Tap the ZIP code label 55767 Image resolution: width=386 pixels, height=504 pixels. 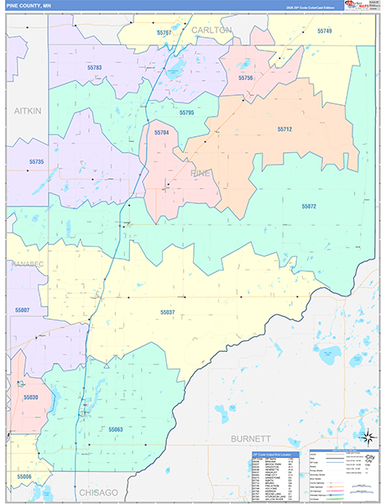pos(164,32)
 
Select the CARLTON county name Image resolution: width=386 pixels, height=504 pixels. pos(211,29)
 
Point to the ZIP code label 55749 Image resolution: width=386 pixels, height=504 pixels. pos(324,31)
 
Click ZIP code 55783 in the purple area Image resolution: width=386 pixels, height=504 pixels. pos(94,68)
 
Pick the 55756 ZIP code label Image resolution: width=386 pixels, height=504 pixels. pos(246,77)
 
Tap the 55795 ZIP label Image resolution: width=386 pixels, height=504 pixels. pos(186,112)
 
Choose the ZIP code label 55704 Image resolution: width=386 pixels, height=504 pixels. pos(161,132)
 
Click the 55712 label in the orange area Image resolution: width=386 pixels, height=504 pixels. pos(284,129)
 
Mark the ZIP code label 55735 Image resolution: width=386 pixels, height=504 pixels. pos(36,161)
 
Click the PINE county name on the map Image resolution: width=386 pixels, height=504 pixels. pos(201,172)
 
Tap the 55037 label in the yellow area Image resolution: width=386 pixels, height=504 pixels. pos(167,311)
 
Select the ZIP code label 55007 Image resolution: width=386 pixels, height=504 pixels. pos(22,310)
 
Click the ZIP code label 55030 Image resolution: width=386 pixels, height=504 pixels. pos(30,396)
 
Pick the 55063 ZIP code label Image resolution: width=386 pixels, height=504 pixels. pos(115,429)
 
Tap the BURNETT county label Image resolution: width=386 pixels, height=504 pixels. pos(250,438)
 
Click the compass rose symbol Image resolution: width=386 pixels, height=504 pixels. pos(367,436)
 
